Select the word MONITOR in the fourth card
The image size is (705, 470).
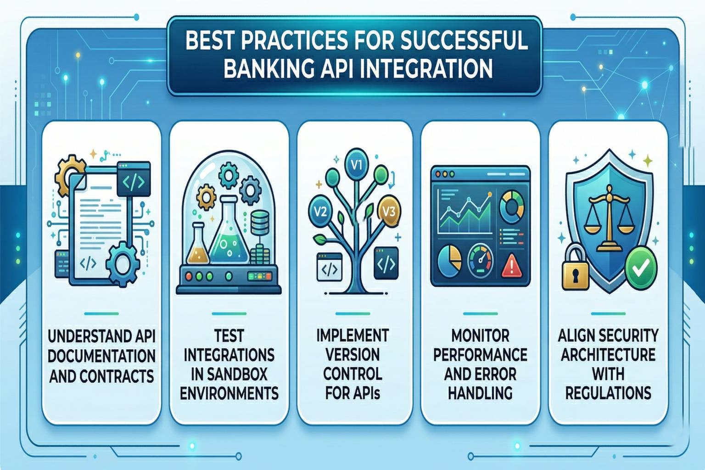[480, 336]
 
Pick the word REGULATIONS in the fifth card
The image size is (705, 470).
[608, 393]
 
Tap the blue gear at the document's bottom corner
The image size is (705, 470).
[122, 264]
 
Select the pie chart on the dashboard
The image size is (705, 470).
[450, 259]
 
